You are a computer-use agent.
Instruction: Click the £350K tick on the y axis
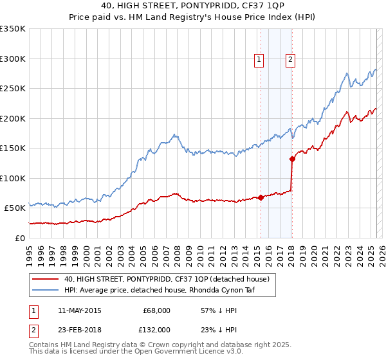[x=12, y=29]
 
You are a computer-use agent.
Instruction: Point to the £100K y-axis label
[x=12, y=178]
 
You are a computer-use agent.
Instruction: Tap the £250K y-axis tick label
[x=12, y=89]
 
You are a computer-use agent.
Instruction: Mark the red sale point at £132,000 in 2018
[x=292, y=159]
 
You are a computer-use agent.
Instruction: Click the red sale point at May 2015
[x=261, y=197]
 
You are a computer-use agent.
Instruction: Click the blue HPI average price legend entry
[x=169, y=290]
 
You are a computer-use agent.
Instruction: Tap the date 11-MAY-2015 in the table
[x=79, y=310]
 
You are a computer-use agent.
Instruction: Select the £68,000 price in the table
[x=156, y=310]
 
